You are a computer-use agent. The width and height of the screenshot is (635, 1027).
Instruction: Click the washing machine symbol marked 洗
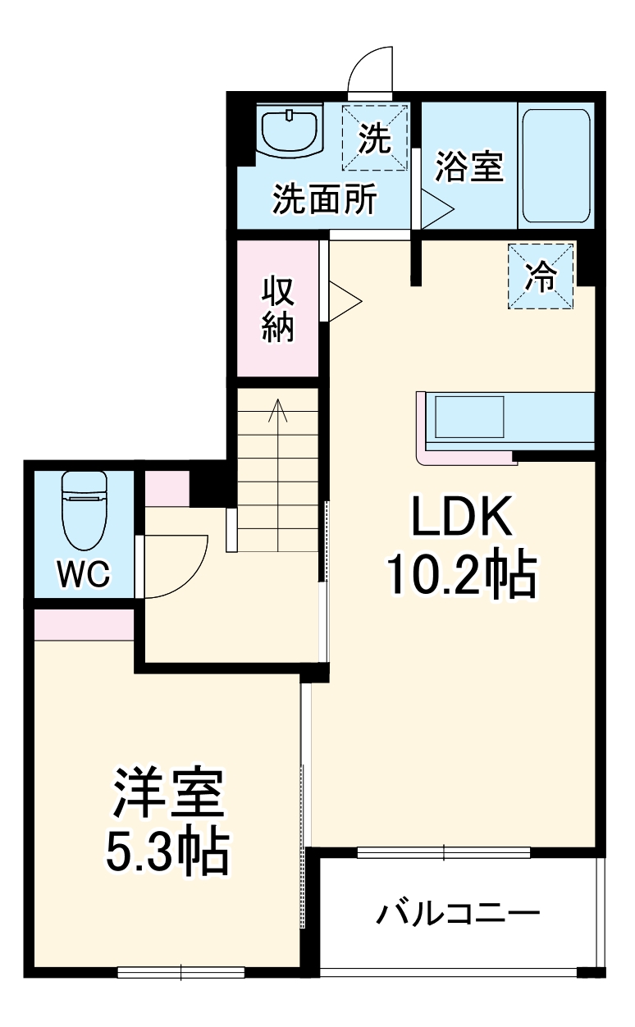click(x=374, y=137)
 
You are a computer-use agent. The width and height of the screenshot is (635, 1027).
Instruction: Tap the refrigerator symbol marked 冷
click(x=541, y=276)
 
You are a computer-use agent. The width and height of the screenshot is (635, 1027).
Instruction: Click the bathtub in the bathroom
click(x=556, y=167)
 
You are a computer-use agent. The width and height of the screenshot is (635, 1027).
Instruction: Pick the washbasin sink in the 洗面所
click(x=290, y=131)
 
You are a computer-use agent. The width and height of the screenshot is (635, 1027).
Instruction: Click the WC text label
click(x=83, y=575)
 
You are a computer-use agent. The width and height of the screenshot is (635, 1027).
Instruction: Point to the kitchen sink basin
click(x=468, y=417)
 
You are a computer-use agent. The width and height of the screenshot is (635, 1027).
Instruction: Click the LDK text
click(x=461, y=520)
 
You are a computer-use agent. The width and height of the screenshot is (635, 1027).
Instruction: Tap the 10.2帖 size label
click(x=460, y=576)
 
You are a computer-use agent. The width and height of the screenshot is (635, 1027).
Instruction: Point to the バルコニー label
click(x=459, y=913)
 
